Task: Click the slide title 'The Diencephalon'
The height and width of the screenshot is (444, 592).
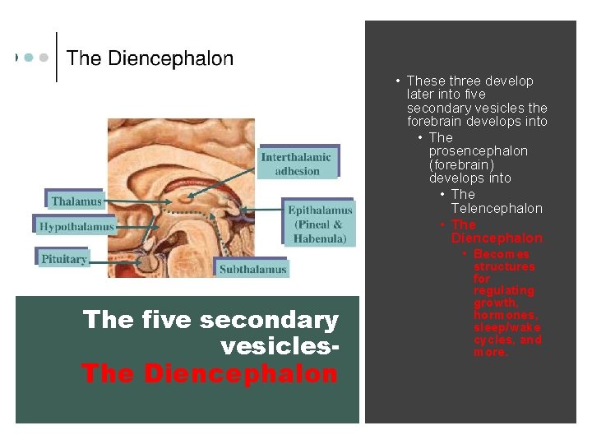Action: point(150,58)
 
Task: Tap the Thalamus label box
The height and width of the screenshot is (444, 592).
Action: point(76,201)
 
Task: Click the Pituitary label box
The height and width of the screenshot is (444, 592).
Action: point(63,258)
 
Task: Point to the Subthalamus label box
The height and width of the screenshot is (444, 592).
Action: point(252,268)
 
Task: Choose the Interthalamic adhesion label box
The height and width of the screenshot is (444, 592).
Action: point(296,164)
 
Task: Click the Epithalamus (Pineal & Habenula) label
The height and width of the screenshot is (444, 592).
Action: point(320,224)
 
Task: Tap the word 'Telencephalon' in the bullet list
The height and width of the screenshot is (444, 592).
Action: point(497,209)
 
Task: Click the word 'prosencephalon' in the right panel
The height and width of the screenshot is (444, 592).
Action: point(479,151)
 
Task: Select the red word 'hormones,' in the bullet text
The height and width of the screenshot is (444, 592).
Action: point(506,315)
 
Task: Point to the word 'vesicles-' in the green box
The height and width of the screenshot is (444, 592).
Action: point(280,347)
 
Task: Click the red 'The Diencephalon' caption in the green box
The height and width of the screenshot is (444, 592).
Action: point(210,374)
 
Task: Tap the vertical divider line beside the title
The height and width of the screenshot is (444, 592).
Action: point(57,57)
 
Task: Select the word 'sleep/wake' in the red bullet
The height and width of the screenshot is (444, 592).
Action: point(502,327)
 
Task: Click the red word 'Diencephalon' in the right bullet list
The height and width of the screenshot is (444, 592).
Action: point(497,238)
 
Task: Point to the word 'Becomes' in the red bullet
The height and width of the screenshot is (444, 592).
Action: point(502,254)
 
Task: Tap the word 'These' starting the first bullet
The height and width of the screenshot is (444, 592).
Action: point(425,81)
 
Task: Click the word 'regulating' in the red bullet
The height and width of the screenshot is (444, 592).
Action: point(503,290)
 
